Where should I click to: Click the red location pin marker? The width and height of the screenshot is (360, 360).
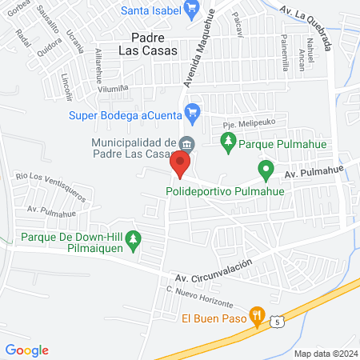(180, 166)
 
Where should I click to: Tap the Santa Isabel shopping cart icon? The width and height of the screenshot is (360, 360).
(191, 10)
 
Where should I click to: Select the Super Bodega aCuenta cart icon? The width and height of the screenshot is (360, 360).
(191, 111)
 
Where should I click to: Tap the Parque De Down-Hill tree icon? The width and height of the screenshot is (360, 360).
(134, 238)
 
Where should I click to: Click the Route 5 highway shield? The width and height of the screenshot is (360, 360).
(277, 321)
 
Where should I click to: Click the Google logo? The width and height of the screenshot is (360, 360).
(27, 350)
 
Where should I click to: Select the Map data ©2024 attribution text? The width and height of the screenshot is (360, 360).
(324, 353)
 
